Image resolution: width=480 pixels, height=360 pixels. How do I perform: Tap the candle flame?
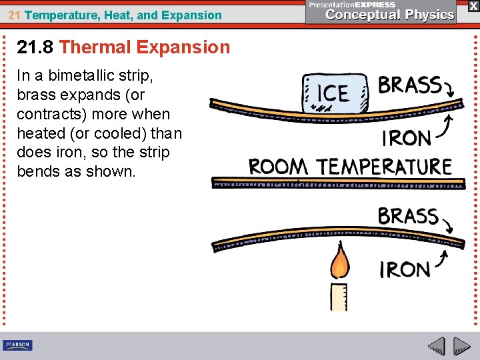pyautogui.click(x=339, y=261)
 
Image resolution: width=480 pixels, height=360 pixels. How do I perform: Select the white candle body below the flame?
pyautogui.click(x=339, y=297)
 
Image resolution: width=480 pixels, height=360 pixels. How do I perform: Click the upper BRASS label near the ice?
pyautogui.click(x=409, y=86)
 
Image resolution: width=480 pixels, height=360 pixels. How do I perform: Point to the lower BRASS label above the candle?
pyautogui.click(x=407, y=217)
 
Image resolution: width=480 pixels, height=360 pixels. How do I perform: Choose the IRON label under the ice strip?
pyautogui.click(x=406, y=138)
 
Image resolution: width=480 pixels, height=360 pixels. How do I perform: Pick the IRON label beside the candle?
pyautogui.click(x=405, y=270)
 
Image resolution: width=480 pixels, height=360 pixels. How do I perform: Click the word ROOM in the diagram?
pyautogui.click(x=278, y=166)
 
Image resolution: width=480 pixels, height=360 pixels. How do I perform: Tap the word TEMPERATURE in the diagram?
pyautogui.click(x=384, y=166)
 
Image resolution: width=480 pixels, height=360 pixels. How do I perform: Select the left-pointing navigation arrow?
pyautogui.click(x=436, y=347)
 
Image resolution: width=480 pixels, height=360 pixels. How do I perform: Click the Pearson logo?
pyautogui.click(x=17, y=345)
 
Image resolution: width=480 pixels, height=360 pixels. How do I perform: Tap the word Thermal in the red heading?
pyautogui.click(x=94, y=47)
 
